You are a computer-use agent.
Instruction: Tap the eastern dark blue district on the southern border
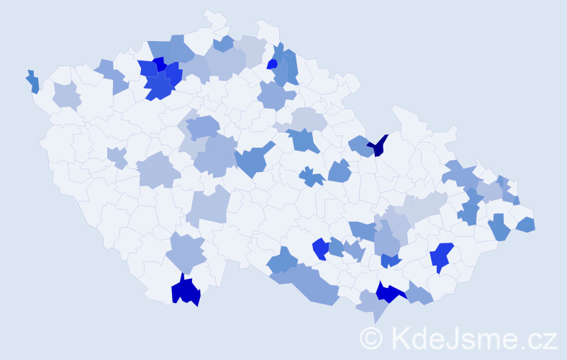pos(389,292)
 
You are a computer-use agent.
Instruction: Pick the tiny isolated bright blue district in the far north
pos(272,63)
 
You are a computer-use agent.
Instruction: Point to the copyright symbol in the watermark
pos(371,337)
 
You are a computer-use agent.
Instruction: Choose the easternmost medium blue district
pos(526,225)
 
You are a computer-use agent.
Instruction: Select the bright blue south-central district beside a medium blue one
pos(320,248)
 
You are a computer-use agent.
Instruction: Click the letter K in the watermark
pos(399,337)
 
